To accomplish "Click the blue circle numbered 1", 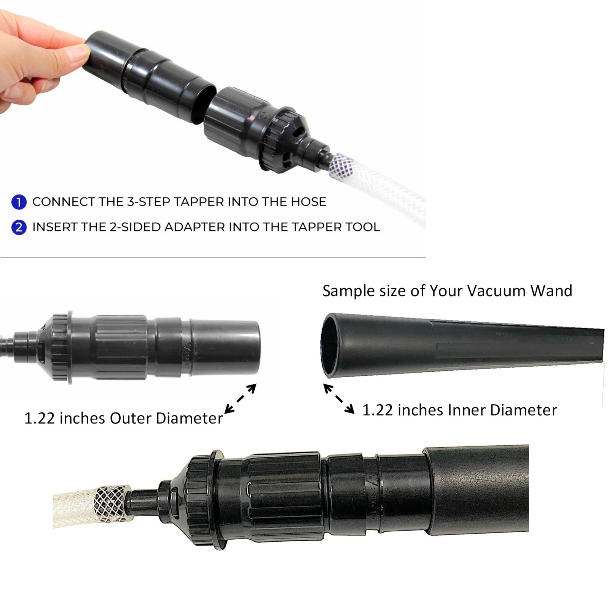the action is pyautogui.click(x=19, y=202).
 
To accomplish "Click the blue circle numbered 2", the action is pyautogui.click(x=19, y=227).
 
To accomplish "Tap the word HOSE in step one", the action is pyautogui.click(x=308, y=202).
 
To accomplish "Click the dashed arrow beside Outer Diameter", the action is pyautogui.click(x=240, y=399).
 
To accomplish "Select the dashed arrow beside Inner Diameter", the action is pyautogui.click(x=339, y=399).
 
